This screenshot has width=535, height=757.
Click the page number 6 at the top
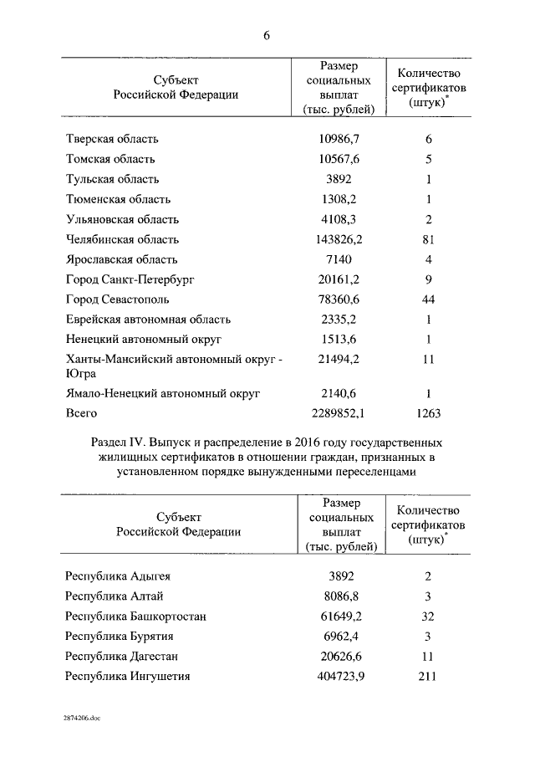(x=267, y=35)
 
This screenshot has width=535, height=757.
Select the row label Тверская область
(x=112, y=139)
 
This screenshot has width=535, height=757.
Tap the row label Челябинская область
(x=121, y=239)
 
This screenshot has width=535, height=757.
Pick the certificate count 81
(x=427, y=239)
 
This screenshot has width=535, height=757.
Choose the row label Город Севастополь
(x=118, y=299)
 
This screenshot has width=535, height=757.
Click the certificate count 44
(x=427, y=299)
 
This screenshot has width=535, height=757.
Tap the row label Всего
(x=82, y=413)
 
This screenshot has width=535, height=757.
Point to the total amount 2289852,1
(x=337, y=413)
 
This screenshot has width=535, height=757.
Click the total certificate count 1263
(x=427, y=413)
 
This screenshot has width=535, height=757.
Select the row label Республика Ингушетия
(x=128, y=676)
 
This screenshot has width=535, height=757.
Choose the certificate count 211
(x=427, y=676)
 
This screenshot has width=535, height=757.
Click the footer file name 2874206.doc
(x=82, y=719)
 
